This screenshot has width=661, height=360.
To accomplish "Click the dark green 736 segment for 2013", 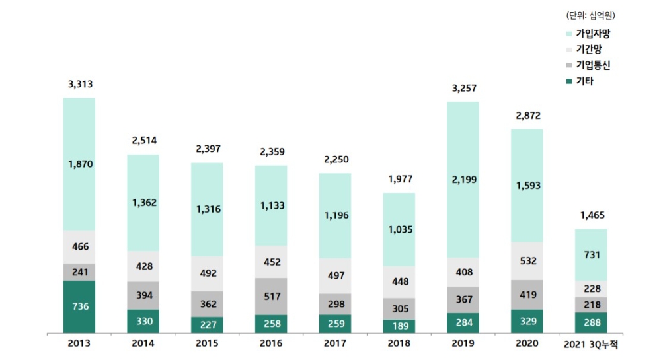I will [x=79, y=306].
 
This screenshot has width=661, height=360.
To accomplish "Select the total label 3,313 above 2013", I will [x=79, y=84].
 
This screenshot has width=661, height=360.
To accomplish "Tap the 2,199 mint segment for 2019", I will [x=463, y=179].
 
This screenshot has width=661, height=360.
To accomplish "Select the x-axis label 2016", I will [x=271, y=343].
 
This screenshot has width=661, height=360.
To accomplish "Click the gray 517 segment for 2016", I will [x=271, y=296].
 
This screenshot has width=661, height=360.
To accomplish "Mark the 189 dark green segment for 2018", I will [x=399, y=326].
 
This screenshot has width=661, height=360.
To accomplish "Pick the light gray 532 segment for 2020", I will [x=527, y=260].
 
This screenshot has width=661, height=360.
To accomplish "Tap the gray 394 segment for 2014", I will [x=143, y=295].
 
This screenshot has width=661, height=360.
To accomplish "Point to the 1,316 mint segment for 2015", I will [x=207, y=209].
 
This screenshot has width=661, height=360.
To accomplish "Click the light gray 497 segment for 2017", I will [x=335, y=275].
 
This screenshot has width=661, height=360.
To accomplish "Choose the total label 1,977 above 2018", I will [x=399, y=179].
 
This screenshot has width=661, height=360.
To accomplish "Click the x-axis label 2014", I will [x=143, y=343].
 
